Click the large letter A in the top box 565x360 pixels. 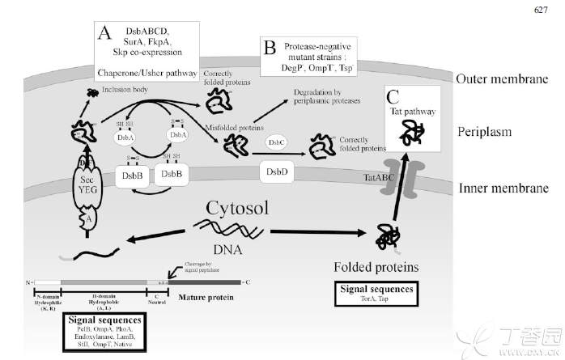[105, 34]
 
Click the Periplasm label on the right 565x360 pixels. [486, 130]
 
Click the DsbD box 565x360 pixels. [274, 172]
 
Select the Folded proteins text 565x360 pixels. [376, 265]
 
